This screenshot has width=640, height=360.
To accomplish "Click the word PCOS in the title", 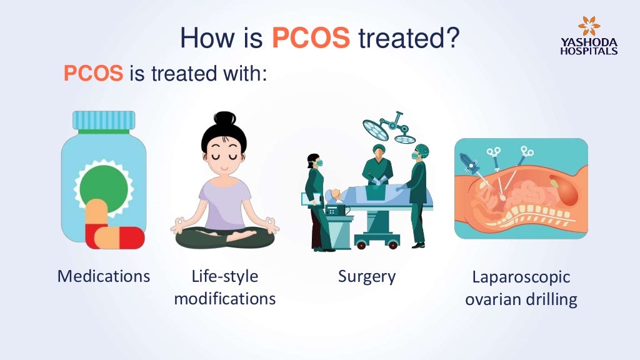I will pos(311,38).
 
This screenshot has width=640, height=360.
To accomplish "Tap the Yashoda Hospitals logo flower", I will pos(589,26).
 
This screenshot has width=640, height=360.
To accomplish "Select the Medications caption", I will pos(104,276).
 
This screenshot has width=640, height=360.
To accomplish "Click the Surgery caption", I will pos(367,276).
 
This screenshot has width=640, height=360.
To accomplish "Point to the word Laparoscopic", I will pos(521,277).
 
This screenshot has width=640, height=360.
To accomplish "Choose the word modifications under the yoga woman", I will pos(225,298).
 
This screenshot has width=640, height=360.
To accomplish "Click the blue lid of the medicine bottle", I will pos(104,120).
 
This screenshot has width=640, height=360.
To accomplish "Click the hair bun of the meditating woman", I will pos(224,119).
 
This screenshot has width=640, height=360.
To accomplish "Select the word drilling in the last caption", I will pos(549,299).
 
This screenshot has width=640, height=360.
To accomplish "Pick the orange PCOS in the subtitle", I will pos(93,74).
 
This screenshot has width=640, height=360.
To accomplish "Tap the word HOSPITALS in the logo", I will pos(589,51).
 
